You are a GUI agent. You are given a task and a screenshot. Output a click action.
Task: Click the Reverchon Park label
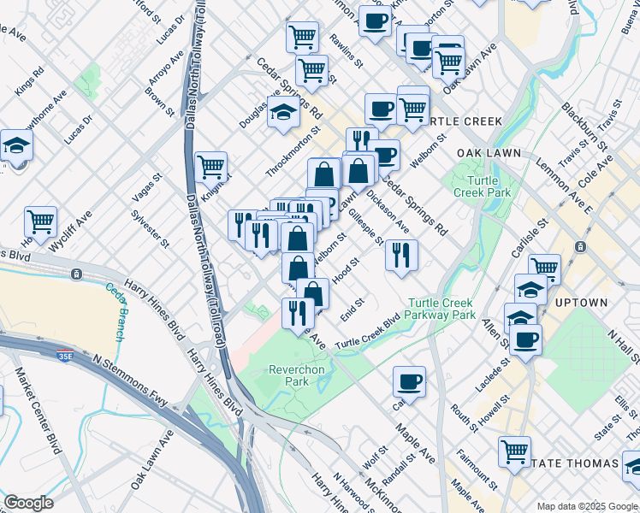click(x=288, y=375)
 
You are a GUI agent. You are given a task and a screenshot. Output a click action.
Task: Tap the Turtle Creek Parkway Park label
click(x=441, y=309)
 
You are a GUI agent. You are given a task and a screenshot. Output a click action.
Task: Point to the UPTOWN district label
click(x=582, y=303)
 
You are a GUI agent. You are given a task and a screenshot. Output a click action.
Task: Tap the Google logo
click(x=28, y=502)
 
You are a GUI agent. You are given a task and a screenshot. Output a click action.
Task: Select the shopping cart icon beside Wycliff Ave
click(x=40, y=222)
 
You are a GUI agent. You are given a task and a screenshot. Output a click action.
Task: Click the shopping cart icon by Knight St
click(x=210, y=166)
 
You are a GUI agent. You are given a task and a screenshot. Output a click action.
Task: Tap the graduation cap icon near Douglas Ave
click(x=282, y=111)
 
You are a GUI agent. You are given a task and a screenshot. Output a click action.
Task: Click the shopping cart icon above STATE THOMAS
click(x=514, y=450)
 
